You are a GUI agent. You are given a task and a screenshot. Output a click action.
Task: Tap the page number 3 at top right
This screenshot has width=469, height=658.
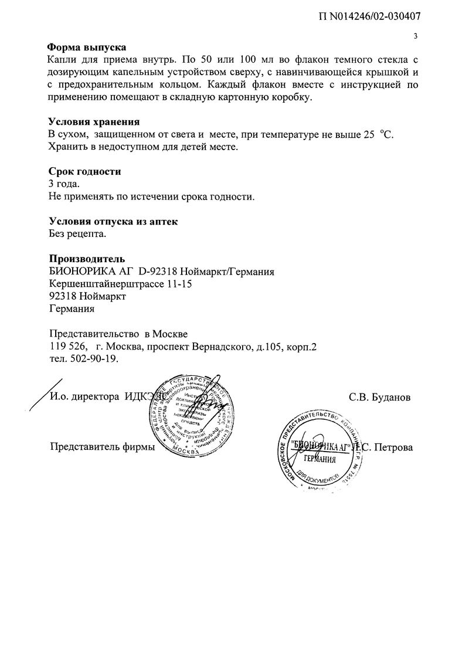[x=415, y=36]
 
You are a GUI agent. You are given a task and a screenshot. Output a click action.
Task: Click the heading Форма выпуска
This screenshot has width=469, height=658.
[x=87, y=47]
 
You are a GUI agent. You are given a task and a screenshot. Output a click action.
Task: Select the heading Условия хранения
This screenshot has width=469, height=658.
[x=94, y=122]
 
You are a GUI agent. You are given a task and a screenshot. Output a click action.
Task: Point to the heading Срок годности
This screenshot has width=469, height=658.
[x=85, y=172]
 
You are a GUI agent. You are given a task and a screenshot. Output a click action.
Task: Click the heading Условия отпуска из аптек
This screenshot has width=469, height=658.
[x=112, y=222]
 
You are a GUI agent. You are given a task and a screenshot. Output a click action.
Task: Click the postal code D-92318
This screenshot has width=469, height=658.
[x=157, y=272]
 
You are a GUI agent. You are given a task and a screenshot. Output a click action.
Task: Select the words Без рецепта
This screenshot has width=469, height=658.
[x=78, y=234]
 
